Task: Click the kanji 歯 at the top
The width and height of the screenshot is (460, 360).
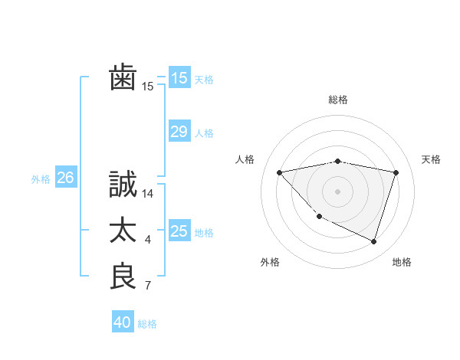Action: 123,78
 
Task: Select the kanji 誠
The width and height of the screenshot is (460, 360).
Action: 123,185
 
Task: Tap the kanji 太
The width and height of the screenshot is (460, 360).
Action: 123,231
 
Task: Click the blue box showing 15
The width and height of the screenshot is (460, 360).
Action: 179,78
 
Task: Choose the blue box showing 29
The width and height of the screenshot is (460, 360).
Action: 179,132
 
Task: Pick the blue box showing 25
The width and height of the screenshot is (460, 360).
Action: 179,231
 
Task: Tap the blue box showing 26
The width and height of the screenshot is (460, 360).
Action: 65,178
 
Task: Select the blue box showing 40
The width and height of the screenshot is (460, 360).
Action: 123,322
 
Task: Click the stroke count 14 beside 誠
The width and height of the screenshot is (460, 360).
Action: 149,195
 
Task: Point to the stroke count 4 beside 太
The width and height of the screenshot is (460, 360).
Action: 148,241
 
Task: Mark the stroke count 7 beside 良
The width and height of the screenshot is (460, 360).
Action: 148,286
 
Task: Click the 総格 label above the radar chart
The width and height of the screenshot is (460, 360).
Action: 338,100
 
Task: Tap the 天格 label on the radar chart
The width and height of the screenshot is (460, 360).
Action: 431,159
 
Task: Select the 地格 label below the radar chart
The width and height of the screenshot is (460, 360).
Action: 402,262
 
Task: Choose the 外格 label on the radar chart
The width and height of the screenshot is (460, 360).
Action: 270,262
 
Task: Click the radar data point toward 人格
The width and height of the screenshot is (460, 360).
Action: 280,172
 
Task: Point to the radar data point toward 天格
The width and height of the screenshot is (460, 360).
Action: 396,172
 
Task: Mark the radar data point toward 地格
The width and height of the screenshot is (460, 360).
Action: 373,241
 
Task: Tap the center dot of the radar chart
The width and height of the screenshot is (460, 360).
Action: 337,191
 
